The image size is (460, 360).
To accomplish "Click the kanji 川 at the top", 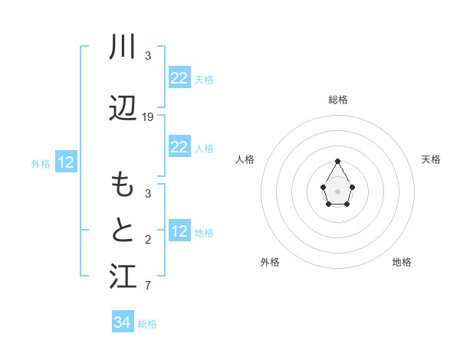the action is click(123, 47).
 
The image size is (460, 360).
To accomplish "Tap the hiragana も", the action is click(123, 185).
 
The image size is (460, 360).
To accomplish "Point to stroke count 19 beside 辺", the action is click(148, 117).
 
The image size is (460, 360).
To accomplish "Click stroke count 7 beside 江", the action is click(148, 286).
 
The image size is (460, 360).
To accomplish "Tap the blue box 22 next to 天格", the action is click(179, 78).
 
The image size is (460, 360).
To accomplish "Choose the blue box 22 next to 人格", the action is click(179, 147).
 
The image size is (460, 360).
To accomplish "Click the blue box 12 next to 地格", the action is click(179, 231).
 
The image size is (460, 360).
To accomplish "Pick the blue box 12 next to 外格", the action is click(66, 162).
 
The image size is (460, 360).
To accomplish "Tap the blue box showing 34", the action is click(122, 322).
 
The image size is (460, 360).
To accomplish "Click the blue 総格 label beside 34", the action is click(147, 324).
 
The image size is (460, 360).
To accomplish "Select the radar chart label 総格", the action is click(338, 100).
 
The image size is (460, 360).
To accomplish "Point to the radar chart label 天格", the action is click(432, 159).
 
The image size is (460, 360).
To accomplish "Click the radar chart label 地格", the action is click(402, 262).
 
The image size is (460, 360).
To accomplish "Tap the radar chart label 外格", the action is click(270, 262).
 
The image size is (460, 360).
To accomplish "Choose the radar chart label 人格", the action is click(245, 159).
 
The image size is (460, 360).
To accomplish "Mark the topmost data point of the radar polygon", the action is click(338, 161).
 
